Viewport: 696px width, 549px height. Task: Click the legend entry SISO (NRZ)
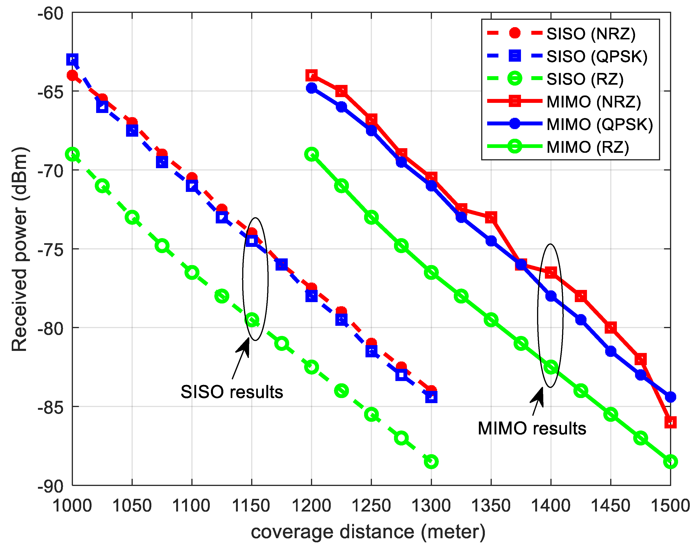591,34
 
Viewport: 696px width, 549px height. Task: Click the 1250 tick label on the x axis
371,506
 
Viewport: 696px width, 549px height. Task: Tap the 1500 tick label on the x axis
670,506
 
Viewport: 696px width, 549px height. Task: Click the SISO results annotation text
232,392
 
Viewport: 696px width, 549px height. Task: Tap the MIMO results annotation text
532,428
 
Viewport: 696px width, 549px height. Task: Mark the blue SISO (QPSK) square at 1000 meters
72,60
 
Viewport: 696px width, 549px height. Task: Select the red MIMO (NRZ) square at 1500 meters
670,422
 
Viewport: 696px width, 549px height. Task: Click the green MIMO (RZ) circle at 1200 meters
311,154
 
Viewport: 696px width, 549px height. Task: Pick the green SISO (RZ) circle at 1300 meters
431,462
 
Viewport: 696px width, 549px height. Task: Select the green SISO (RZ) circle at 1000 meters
72,154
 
